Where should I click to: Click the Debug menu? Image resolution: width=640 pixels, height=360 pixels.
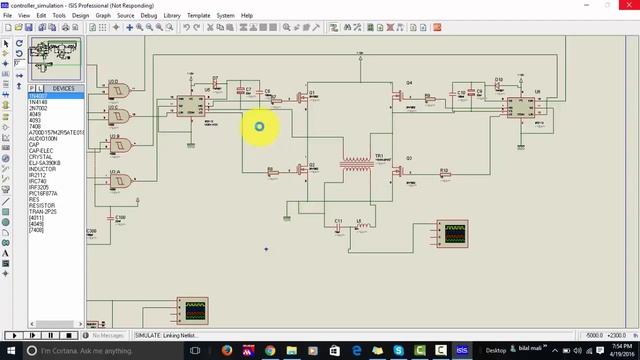coord(148,16)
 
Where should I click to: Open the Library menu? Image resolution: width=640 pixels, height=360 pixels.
coord(173,16)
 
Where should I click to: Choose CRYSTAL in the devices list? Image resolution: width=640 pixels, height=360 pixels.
coord(41,156)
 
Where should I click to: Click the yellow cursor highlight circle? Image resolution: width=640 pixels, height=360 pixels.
coord(259,126)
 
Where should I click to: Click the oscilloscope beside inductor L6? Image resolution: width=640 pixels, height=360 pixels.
coord(453,236)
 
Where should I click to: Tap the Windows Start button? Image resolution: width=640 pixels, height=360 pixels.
coord(8,351)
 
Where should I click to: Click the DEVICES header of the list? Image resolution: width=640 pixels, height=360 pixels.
coord(62,89)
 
